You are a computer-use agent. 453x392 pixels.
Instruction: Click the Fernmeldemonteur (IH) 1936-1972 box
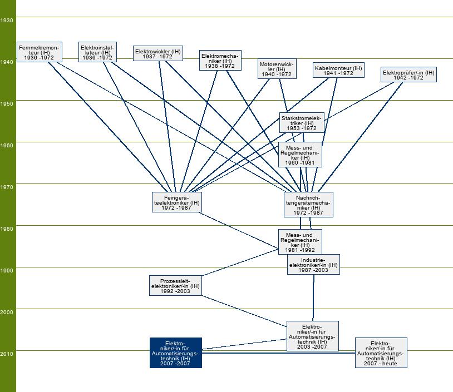click(38, 52)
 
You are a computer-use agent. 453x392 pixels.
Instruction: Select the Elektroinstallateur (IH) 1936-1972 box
click(97, 52)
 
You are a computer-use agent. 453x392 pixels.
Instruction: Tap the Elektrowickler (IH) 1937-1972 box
click(158, 53)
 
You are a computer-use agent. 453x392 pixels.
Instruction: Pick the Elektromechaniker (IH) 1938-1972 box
click(220, 60)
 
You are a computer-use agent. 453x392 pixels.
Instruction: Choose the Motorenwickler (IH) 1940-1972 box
click(277, 69)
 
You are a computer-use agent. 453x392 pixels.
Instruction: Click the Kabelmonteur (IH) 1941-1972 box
click(338, 70)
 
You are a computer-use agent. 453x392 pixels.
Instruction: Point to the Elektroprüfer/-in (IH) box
click(408, 75)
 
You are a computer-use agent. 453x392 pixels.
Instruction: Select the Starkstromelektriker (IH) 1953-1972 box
click(302, 123)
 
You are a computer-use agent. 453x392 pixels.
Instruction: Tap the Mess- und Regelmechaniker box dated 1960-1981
click(300, 154)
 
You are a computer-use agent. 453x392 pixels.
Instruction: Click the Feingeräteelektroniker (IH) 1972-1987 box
click(176, 202)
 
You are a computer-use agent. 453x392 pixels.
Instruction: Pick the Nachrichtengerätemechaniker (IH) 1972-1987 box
click(308, 205)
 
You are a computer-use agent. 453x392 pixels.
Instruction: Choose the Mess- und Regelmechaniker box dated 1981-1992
click(300, 242)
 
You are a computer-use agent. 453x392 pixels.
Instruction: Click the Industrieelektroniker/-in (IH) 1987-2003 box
click(313, 265)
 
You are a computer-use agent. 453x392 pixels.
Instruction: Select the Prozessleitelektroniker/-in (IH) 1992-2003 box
click(175, 285)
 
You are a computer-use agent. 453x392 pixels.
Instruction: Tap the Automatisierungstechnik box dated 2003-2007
click(312, 336)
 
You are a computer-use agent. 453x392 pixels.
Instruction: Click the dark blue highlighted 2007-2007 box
click(175, 353)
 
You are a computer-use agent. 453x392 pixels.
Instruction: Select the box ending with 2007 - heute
click(381, 353)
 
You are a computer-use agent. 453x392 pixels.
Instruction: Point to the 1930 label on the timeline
click(7, 20)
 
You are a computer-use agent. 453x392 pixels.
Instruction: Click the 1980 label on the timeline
click(7, 229)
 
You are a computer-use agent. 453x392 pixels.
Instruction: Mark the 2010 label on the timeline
click(7, 354)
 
